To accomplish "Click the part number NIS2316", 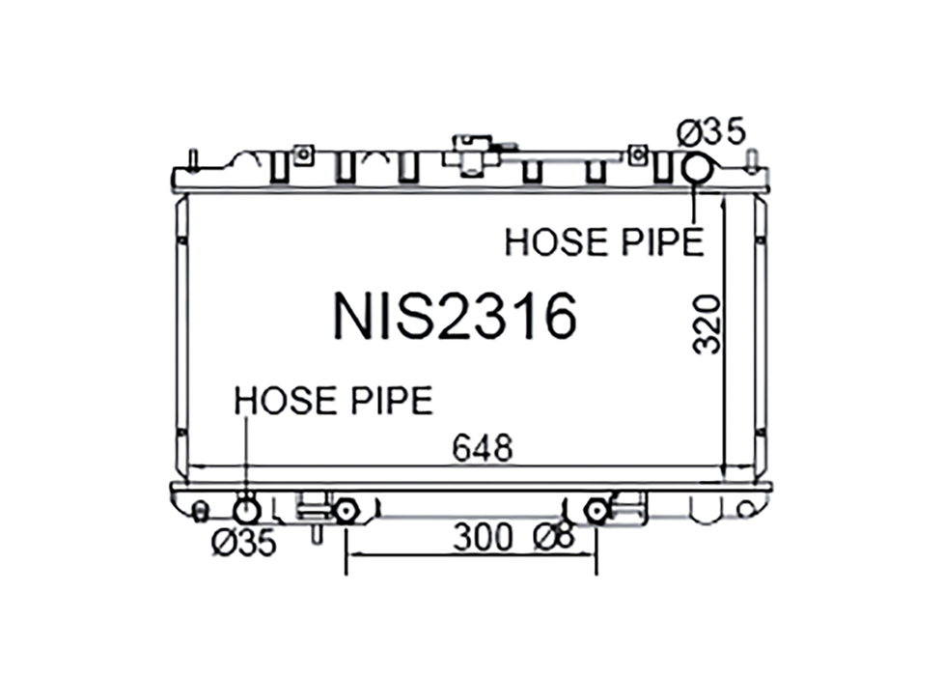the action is [455, 316].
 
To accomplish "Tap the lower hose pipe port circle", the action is [246, 512].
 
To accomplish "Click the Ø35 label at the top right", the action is [711, 132].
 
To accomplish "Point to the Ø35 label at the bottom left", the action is [243, 543].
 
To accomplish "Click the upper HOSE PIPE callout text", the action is [604, 242].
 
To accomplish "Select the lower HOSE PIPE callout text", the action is [333, 401].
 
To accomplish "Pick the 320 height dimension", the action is [707, 324].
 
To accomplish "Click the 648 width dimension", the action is [483, 448].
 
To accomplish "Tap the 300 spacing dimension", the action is [483, 538].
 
